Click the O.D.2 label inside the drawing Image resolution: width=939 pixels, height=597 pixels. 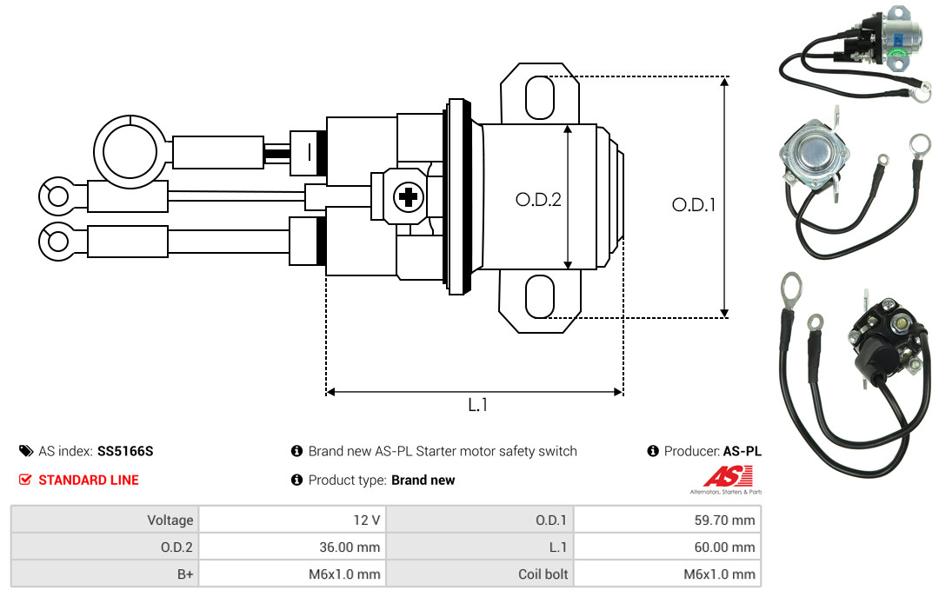[538, 199]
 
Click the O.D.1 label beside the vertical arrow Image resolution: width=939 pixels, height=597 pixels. [694, 205]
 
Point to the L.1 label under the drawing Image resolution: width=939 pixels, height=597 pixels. [478, 405]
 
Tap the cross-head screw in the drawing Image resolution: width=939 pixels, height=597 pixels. [409, 196]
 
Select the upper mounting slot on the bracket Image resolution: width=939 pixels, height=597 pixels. [540, 97]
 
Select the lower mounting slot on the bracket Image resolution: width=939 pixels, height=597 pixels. [540, 296]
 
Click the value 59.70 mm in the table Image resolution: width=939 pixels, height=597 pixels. [724, 520]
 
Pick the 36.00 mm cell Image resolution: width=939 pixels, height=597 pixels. [350, 547]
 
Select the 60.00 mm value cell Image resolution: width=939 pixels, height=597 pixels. [724, 547]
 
